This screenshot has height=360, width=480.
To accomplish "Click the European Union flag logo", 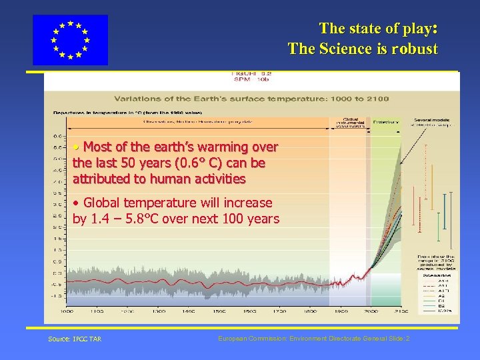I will (70, 40).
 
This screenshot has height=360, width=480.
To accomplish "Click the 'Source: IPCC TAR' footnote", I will (75, 339).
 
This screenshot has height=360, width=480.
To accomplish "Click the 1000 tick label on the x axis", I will (67, 311).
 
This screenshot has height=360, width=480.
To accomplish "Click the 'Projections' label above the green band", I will (385, 122).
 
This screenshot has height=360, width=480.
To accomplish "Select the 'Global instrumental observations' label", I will (350, 123).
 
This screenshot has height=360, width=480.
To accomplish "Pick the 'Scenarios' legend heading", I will (437, 275).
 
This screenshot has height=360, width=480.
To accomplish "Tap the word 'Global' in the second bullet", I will (103, 203).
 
